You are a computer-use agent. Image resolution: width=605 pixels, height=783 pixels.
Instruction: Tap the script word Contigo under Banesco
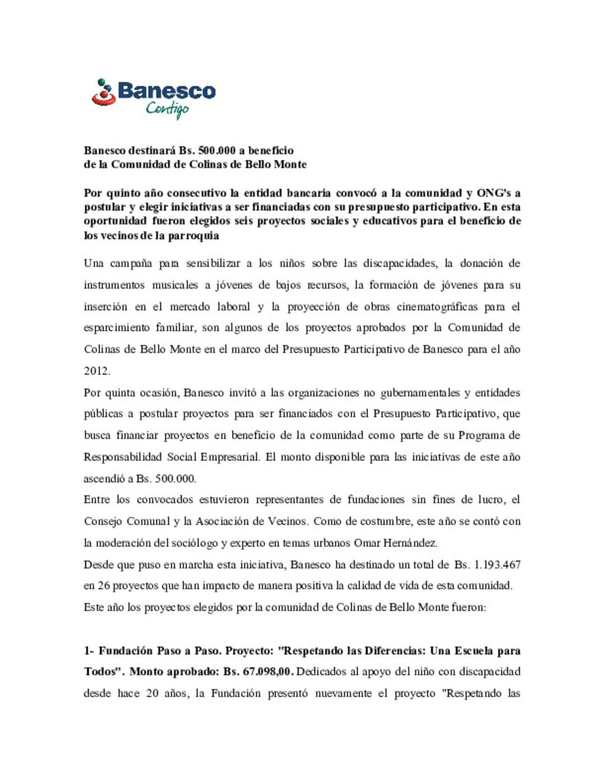coord(167,109)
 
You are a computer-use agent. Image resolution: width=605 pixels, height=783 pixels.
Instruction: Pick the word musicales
coord(175,285)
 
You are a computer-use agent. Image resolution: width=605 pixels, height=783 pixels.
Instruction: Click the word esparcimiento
coord(117,328)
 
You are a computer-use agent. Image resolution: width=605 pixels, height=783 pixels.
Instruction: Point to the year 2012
coord(96,371)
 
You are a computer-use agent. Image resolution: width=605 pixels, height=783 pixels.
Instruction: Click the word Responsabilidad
coord(122,457)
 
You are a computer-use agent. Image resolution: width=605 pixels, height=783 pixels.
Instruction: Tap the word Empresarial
coord(230,457)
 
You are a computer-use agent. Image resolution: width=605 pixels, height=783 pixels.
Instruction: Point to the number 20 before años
coord(152,693)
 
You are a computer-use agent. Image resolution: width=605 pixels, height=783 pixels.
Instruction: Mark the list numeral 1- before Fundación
coord(89,651)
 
